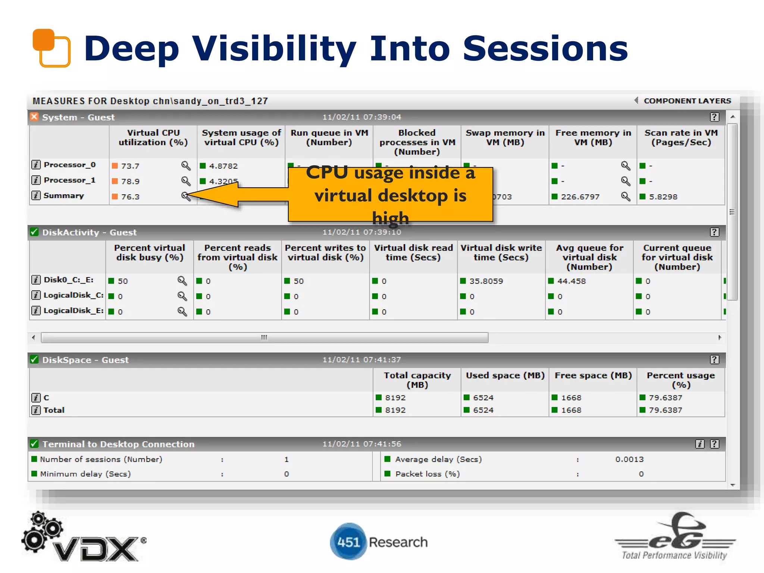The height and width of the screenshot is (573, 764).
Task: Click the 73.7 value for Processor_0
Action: pos(130,166)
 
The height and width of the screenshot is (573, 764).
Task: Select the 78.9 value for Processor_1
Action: pos(130,181)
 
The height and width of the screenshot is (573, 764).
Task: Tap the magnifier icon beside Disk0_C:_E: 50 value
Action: pos(182,281)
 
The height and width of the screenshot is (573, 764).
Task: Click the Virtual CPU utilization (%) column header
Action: pos(153,138)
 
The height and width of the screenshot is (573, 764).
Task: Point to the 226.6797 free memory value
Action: pos(580,197)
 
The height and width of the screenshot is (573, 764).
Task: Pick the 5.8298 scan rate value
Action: pos(663,197)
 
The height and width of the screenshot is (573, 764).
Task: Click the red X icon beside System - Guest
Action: pos(34,117)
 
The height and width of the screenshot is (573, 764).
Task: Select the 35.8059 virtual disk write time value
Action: pos(486,281)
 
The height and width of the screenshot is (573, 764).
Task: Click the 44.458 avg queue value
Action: pos(571,281)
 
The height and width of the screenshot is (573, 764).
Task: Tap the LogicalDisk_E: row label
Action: pos(73,311)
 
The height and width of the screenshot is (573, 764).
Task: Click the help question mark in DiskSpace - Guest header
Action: pos(714,360)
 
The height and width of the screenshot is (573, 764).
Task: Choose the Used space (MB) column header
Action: pos(505,376)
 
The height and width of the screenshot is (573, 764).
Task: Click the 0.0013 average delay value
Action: pos(629,460)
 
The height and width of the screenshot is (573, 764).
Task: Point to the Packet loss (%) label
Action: pos(428,474)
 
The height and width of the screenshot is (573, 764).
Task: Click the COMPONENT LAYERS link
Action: pos(687,101)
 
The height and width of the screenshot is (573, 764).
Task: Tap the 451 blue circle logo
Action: pos(348,542)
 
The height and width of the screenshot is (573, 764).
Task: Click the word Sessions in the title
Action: pos(545,48)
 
